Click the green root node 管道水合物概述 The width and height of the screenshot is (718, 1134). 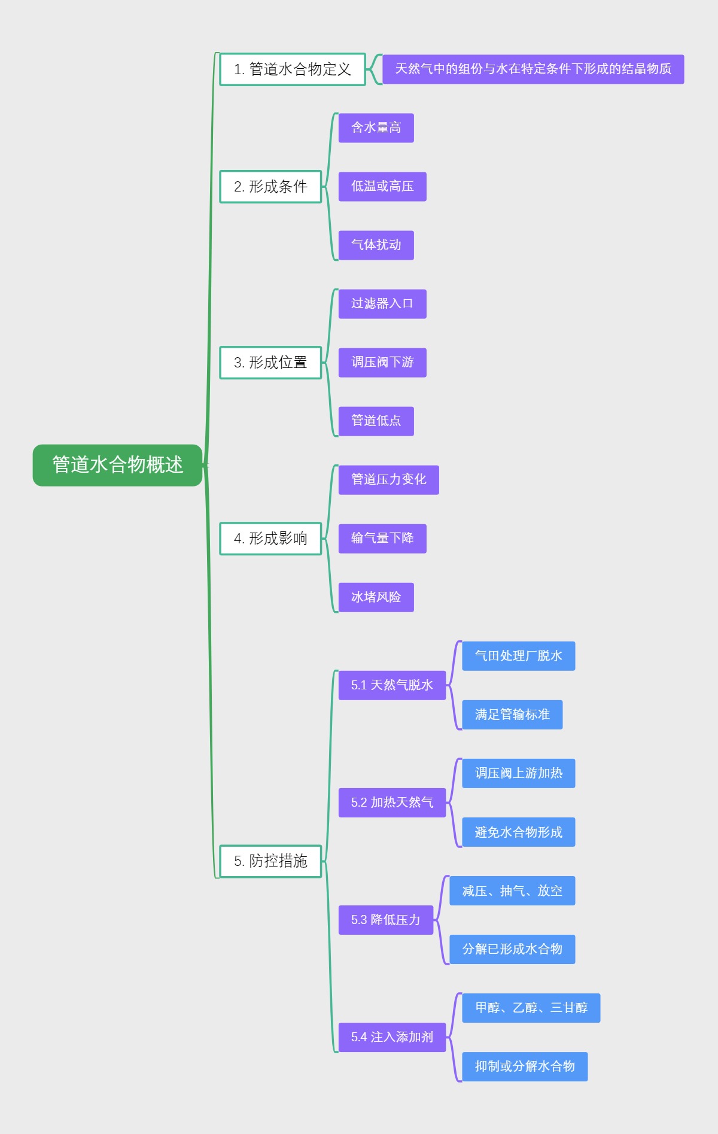pos(117,465)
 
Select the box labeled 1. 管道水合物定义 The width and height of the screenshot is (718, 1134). pos(292,69)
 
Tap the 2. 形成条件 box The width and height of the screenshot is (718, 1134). pos(270,187)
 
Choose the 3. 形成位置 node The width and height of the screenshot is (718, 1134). pos(270,363)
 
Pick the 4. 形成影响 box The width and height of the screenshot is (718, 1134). pos(270,539)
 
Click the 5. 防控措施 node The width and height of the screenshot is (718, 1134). pos(270,861)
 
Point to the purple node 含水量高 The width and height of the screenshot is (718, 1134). pos(376,128)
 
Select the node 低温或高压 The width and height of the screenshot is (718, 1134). pos(382,187)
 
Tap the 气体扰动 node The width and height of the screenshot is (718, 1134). pos(376,245)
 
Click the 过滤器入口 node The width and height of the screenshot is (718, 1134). pos(382,304)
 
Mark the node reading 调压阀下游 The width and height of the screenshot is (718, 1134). pos(382,363)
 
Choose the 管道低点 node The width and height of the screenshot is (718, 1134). pos(376,421)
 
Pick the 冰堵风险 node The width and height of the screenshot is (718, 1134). pos(376,597)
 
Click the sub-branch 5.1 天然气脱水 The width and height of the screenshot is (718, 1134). pos(392,685)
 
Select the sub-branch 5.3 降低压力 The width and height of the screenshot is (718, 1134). pos(385,920)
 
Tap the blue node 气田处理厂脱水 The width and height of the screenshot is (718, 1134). pos(518,656)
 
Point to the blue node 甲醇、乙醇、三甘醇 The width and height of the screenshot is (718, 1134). pos(531,1008)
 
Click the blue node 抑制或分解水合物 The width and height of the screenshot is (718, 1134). pos(525,1066)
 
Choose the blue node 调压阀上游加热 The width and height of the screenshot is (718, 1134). pos(518,773)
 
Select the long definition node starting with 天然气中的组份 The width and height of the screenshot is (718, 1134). pos(533,69)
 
